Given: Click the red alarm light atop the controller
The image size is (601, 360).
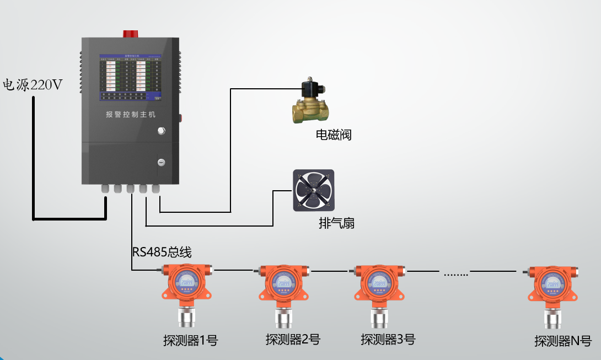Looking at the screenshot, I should (131, 33).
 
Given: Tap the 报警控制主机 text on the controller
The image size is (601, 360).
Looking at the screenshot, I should (131, 115).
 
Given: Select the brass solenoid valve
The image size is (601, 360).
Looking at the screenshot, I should (309, 103).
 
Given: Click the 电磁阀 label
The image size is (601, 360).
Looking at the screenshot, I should (334, 135).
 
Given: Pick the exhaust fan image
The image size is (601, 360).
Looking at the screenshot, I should (313, 190).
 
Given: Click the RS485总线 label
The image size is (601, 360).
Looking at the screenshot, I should (162, 252).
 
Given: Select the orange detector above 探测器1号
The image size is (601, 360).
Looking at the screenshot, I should (187, 287).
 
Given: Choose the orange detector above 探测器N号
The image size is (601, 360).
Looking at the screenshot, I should (552, 288).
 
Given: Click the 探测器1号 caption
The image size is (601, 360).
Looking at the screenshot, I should (190, 341).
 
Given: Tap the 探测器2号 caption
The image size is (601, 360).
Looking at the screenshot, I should (292, 339).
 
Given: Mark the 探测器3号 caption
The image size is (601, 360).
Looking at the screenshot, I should (388, 339).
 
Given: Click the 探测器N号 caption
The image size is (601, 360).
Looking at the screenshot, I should (562, 341).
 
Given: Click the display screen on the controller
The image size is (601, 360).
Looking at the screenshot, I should (131, 78).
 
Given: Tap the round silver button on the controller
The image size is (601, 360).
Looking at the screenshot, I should (161, 131).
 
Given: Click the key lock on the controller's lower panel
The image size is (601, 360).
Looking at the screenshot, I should (161, 163).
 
